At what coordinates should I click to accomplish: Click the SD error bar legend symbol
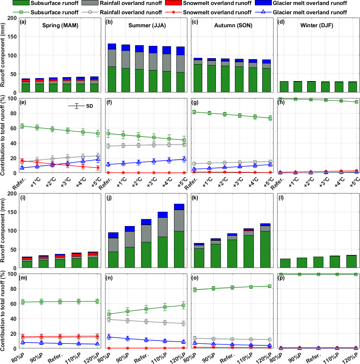tap(77, 106)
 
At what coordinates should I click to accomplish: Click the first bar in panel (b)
tap(112, 68)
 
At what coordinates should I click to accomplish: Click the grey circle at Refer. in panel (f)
tap(107, 146)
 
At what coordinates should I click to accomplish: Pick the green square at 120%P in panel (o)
tap(270, 286)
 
